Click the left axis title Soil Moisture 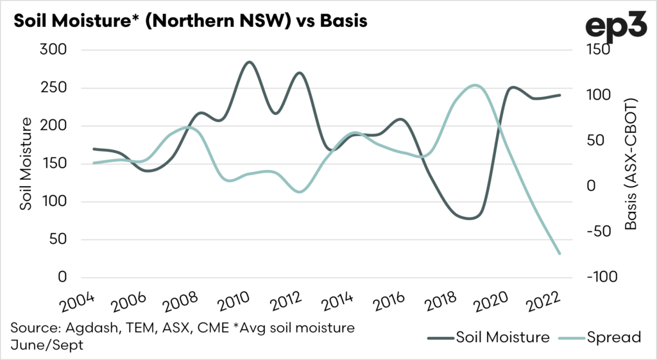(x=26, y=164)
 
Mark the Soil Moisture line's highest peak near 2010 (x=249, y=62)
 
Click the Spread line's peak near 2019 (x=474, y=85)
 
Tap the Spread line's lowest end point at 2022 (x=559, y=254)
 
